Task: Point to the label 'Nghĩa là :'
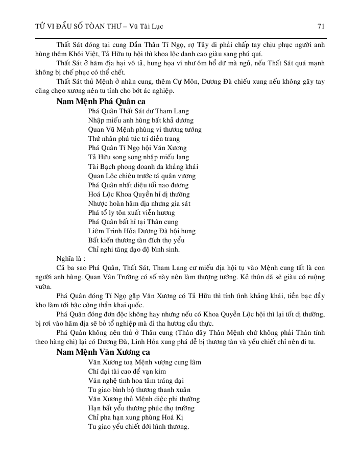coord(71,258)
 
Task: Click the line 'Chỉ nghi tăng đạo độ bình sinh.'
coord(134,249)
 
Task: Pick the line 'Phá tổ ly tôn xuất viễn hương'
coord(131,212)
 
